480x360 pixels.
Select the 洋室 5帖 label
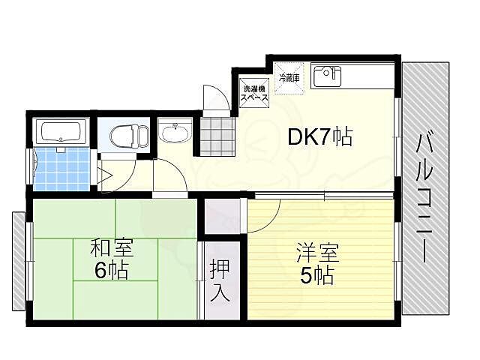[x=316, y=263]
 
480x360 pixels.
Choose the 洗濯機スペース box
[x=252, y=93]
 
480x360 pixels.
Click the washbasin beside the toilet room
[x=176, y=133]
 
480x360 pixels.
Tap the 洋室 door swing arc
[x=264, y=214]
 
